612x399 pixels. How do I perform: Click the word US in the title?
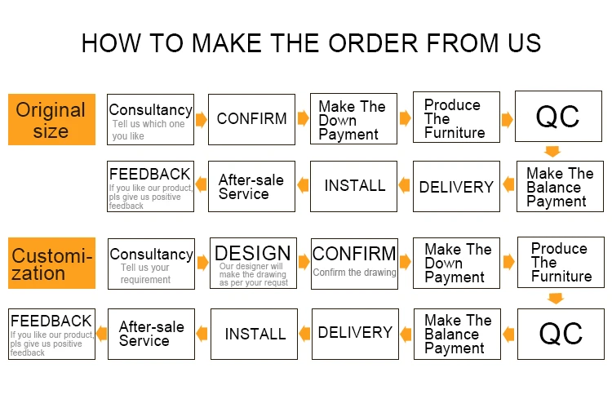520,42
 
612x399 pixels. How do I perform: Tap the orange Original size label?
51,120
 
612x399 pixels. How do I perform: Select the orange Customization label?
51,264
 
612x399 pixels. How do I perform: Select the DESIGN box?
253,264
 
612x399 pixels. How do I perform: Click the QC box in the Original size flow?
558,117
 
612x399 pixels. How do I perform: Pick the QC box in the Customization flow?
561,333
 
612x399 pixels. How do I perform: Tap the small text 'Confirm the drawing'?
354,273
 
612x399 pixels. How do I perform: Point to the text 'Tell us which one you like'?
149,130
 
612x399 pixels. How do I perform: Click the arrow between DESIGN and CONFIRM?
302,262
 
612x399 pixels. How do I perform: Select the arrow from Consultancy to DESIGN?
202,262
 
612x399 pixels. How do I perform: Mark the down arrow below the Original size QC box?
552,151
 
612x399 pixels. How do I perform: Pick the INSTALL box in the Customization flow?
255,334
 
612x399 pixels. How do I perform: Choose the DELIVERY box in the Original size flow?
456,187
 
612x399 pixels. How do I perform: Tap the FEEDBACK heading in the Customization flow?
51,321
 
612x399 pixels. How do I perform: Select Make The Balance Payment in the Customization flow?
458,334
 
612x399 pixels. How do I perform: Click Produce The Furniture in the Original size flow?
455,118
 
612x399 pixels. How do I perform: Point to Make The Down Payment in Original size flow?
352,120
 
